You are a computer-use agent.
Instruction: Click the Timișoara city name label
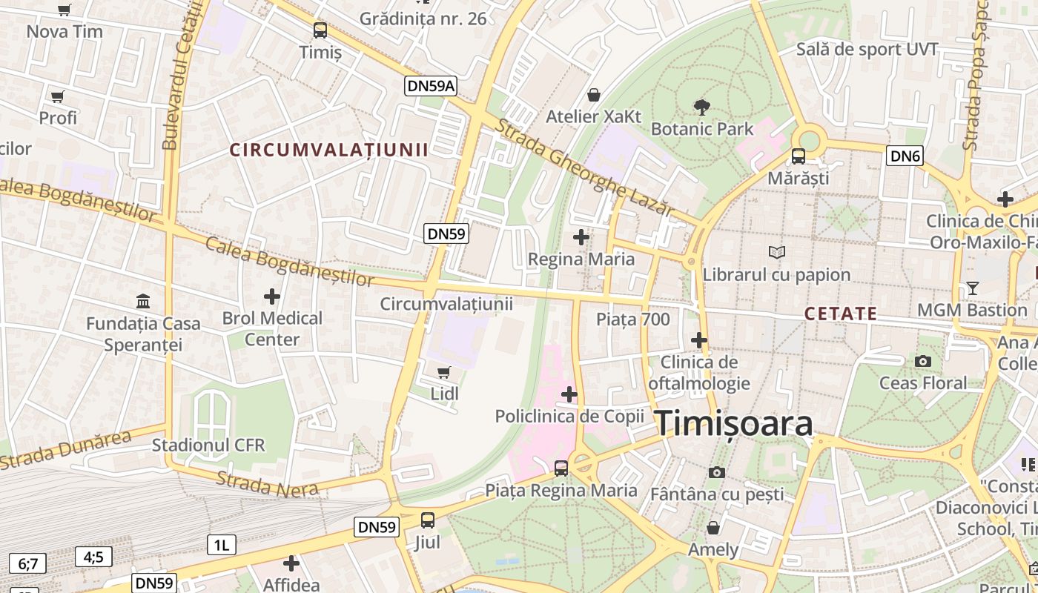click(734, 423)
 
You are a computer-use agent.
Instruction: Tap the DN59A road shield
click(431, 86)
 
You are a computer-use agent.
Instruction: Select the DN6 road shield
click(905, 156)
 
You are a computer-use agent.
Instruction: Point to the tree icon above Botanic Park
click(701, 107)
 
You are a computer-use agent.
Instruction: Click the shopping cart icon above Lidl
click(444, 372)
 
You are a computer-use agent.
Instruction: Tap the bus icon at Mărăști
click(799, 156)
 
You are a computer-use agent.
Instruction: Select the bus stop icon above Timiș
click(320, 30)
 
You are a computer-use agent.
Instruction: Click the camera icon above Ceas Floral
click(923, 361)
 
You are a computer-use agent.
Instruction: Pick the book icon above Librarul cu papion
click(776, 253)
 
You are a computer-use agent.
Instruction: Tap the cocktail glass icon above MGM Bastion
click(973, 288)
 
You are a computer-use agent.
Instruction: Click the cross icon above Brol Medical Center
click(272, 296)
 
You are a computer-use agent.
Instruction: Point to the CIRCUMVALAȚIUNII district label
click(328, 150)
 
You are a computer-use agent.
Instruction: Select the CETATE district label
click(841, 314)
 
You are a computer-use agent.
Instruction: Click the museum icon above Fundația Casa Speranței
click(143, 302)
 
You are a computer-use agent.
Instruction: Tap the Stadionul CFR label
click(208, 445)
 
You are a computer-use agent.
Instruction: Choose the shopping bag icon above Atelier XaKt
click(593, 95)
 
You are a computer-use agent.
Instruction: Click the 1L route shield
click(221, 546)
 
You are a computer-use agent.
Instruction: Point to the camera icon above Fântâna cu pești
click(716, 472)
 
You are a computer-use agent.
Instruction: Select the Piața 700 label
click(633, 319)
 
